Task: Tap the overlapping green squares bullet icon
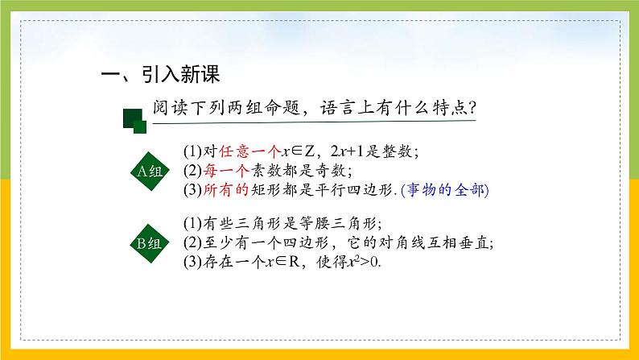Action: tap(134, 121)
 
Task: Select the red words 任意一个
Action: tap(239, 151)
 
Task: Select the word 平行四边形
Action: tap(351, 191)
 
